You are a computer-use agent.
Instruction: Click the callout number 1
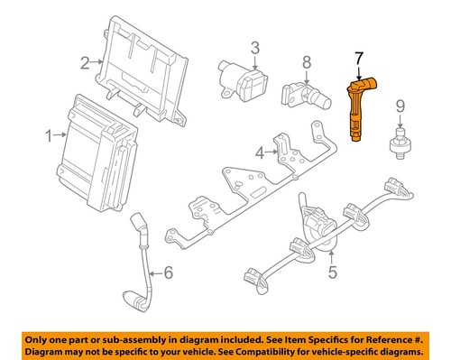pos(49,135)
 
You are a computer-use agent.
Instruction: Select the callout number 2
pos(85,62)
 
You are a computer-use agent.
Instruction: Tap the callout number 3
pos(255,47)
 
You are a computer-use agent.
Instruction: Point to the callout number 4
pos(259,153)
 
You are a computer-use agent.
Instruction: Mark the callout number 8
pos(306,62)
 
